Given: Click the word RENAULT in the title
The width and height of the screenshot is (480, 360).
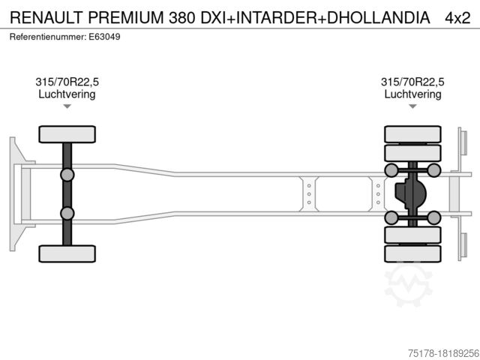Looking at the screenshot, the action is coord(46,17).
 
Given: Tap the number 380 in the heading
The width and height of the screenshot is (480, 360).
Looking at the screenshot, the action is coord(181,17).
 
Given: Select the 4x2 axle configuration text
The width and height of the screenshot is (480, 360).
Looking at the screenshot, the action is coord(457,18).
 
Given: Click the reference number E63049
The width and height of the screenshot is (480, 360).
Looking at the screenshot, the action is coord(104,37).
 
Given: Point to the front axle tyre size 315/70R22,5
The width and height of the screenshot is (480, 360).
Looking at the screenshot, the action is coord(67,82).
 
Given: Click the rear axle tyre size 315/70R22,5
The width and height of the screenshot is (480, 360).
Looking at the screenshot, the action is coord(412,82).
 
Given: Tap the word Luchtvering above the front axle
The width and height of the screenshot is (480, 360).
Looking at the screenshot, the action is coord(67,94).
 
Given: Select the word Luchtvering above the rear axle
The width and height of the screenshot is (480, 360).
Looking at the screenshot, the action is coord(412,94).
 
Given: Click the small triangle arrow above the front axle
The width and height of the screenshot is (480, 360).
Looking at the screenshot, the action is coord(67,106).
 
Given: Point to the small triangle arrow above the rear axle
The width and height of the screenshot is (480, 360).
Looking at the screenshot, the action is coord(412,106).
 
